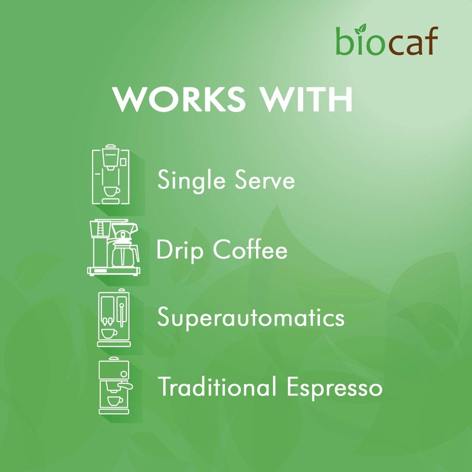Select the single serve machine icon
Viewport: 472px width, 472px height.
point(110,176)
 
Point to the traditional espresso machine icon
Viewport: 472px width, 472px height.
point(113,387)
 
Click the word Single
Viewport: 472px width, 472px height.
point(188,180)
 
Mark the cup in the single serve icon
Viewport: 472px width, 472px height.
point(110,192)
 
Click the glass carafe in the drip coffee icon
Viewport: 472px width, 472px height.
point(124,253)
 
